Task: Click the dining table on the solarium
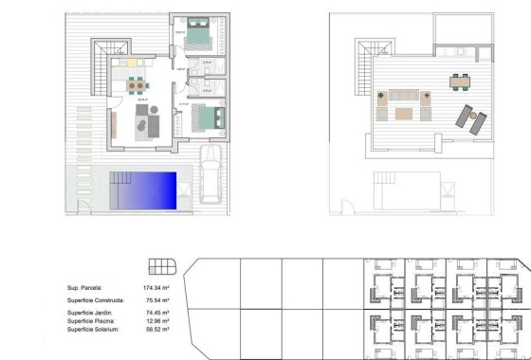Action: [x=462, y=81]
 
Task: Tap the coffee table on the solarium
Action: [x=404, y=115]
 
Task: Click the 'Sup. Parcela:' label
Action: [x=84, y=287]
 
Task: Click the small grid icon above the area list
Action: [x=162, y=265]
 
